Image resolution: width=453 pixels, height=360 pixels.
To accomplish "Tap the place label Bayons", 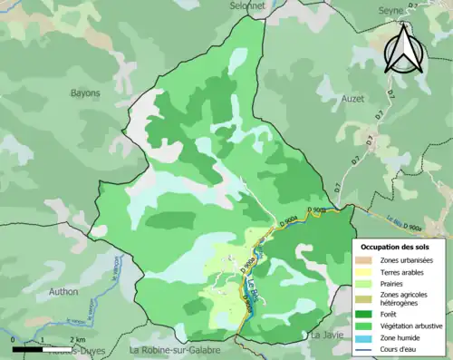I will [x=85, y=92].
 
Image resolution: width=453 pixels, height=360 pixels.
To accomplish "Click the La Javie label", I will [x=327, y=335].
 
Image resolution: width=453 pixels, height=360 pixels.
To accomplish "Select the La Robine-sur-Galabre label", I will [x=180, y=350].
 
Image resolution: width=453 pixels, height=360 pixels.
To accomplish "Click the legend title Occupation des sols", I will [x=395, y=248].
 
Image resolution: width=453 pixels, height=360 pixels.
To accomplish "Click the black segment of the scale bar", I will [x=28, y=348].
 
